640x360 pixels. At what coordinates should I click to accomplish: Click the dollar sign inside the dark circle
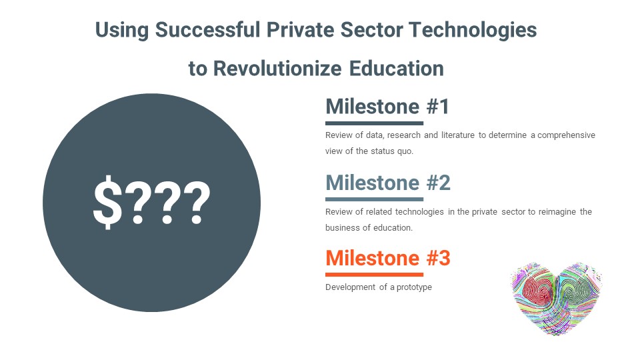point(108,201)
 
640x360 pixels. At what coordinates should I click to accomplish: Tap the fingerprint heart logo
point(556,299)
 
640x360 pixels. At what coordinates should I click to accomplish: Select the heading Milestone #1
point(387,107)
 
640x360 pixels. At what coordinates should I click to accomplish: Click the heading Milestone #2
point(388,183)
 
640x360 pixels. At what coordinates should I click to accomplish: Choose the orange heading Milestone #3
point(388,258)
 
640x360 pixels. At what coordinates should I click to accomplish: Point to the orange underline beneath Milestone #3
point(374,274)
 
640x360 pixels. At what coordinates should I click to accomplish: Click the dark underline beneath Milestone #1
point(374,123)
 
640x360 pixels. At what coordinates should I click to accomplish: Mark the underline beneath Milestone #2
point(374,199)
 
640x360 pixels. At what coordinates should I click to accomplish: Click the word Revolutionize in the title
point(277,68)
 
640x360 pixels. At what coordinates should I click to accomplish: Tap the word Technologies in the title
point(473,31)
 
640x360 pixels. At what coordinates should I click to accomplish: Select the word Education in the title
point(396,68)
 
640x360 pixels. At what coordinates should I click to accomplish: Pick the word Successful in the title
point(207,30)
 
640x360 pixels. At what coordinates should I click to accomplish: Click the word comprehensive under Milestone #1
point(566,135)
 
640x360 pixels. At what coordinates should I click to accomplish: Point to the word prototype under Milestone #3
point(414,287)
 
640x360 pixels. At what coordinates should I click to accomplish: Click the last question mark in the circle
point(196,203)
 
